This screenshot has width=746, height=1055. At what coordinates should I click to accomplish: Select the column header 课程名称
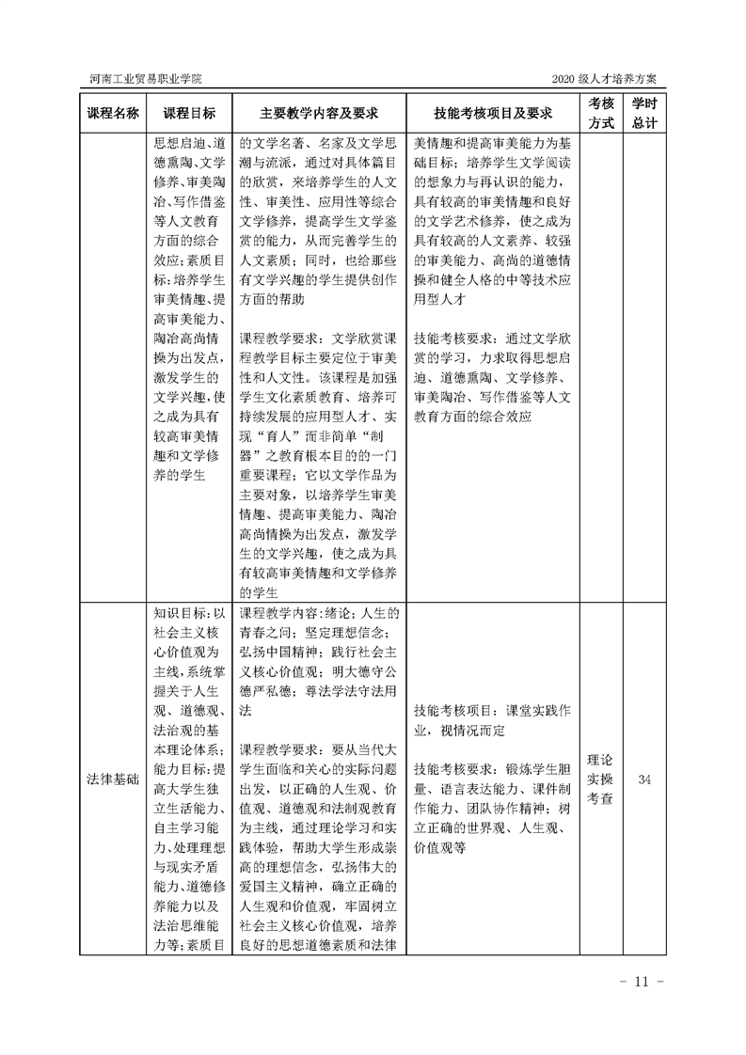tap(113, 113)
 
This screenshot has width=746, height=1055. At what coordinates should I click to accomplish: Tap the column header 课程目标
tap(189, 113)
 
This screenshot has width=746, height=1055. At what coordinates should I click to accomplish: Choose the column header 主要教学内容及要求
tap(319, 113)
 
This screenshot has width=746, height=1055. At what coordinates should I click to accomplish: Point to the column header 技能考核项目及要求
tap(492, 113)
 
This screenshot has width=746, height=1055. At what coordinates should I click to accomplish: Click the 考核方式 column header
tap(601, 113)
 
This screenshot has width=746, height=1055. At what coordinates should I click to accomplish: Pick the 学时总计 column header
tap(644, 113)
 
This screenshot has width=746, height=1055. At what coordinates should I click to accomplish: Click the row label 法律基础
tap(113, 779)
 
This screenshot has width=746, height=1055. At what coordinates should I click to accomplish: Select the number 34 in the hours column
tap(644, 779)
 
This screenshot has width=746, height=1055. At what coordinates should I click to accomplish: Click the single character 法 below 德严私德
tap(246, 714)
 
